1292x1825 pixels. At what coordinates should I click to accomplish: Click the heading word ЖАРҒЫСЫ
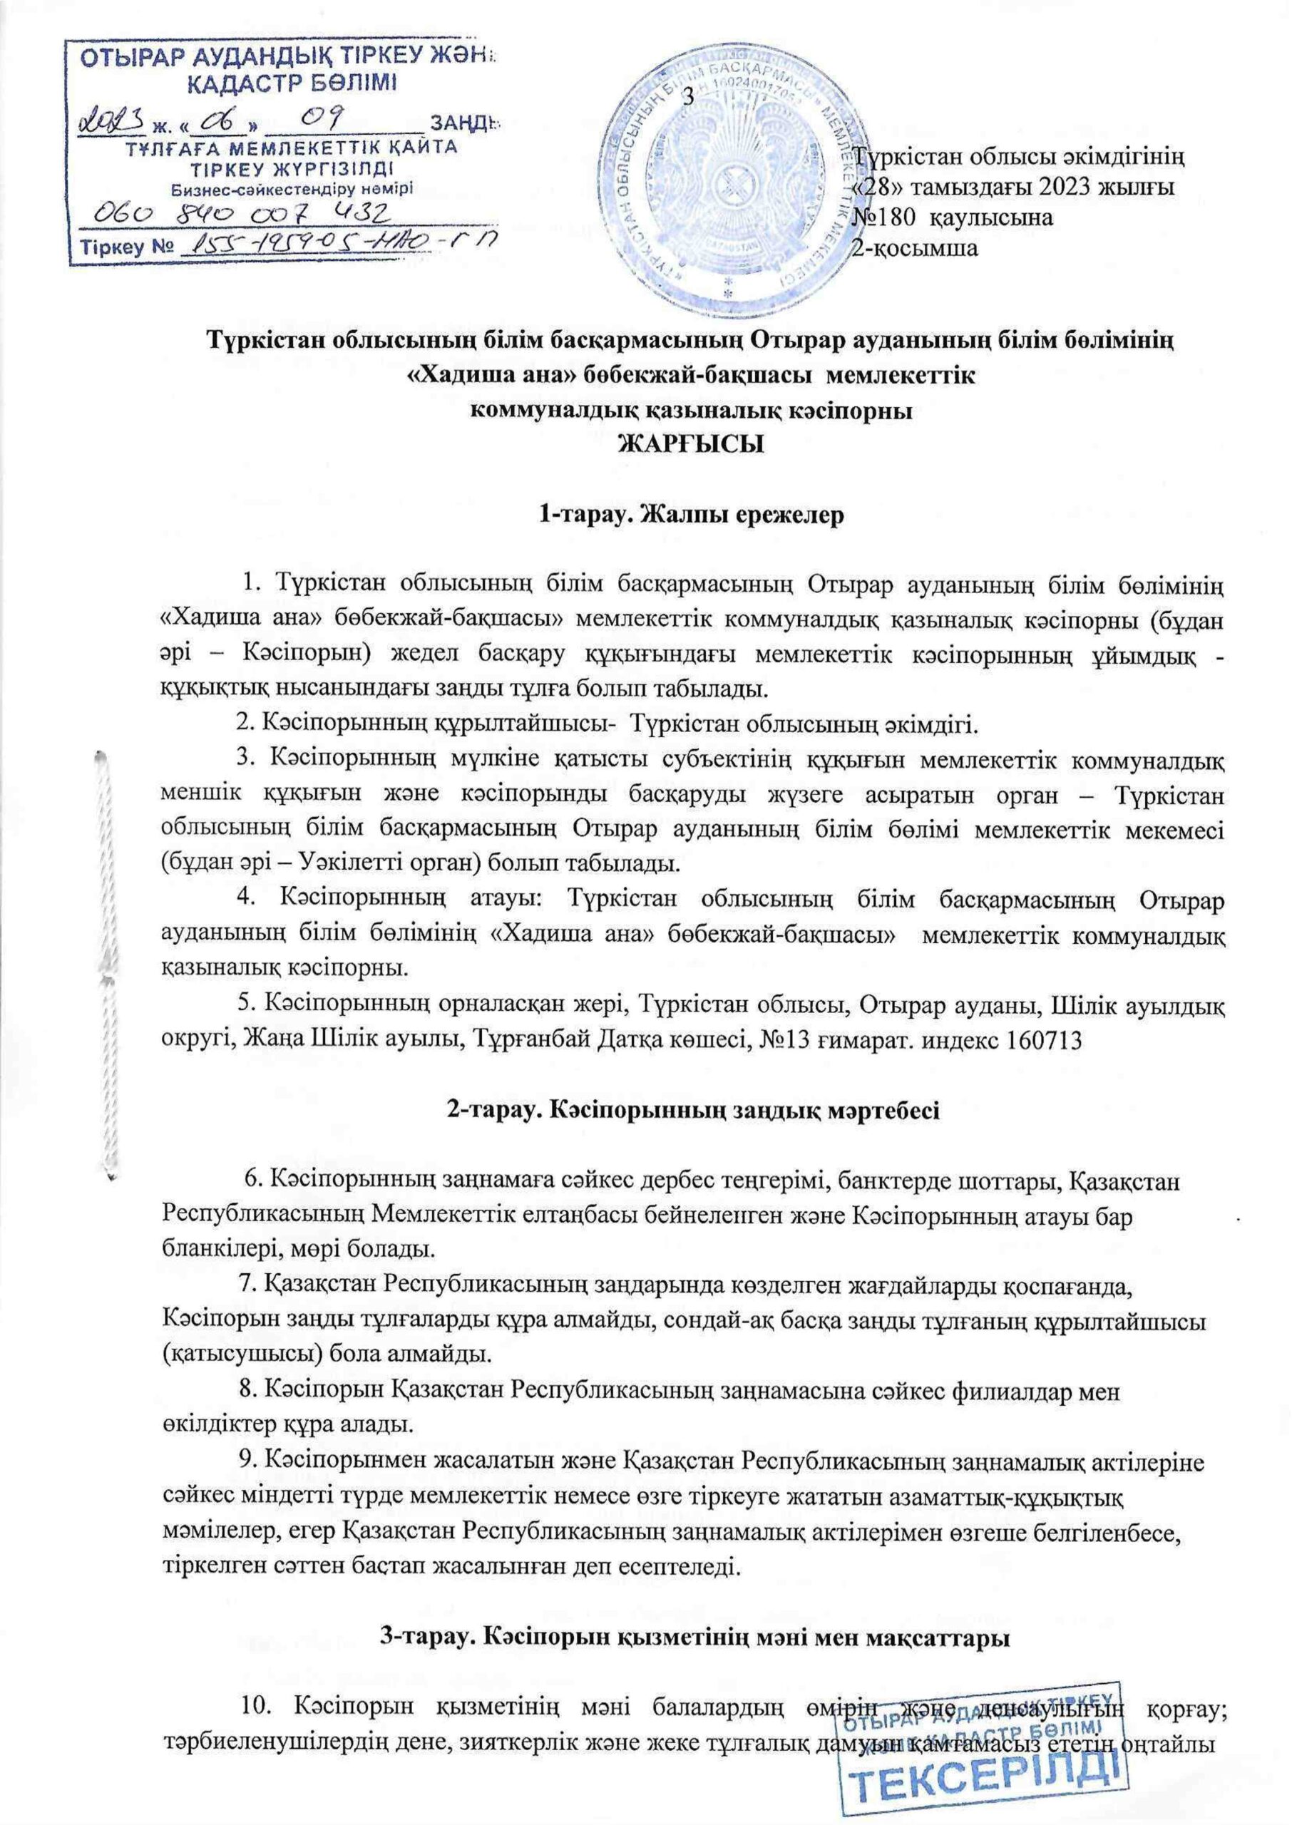point(692,443)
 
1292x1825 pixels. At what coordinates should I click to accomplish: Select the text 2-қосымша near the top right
point(915,248)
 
